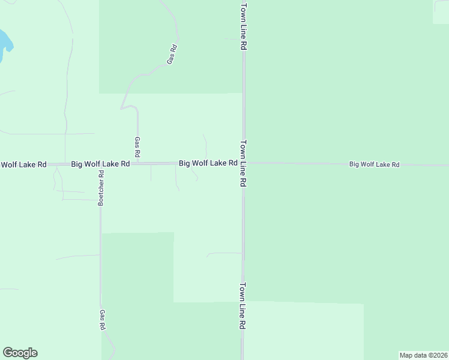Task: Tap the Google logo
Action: tap(20, 353)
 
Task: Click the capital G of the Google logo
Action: tap(8, 353)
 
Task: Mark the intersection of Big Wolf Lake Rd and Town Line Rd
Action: tap(243, 163)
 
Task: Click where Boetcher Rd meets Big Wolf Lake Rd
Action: tap(100, 164)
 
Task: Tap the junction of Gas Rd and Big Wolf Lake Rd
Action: tap(137, 163)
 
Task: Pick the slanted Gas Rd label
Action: tap(172, 55)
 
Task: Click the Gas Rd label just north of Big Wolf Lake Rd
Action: tap(137, 147)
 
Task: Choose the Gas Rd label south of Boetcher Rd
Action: tap(103, 319)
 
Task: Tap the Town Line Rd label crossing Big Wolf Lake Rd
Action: tap(244, 165)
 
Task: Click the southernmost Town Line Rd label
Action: tap(243, 305)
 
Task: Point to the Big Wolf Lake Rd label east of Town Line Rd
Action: tap(374, 164)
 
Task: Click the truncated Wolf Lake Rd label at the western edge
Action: tap(23, 164)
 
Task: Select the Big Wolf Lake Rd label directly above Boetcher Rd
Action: tap(100, 163)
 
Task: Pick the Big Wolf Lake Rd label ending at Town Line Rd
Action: tap(207, 163)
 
